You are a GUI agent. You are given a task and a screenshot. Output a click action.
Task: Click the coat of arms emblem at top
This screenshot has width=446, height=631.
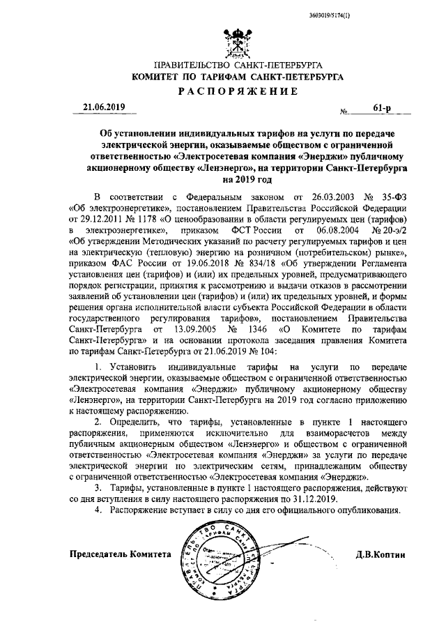point(240,40)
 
